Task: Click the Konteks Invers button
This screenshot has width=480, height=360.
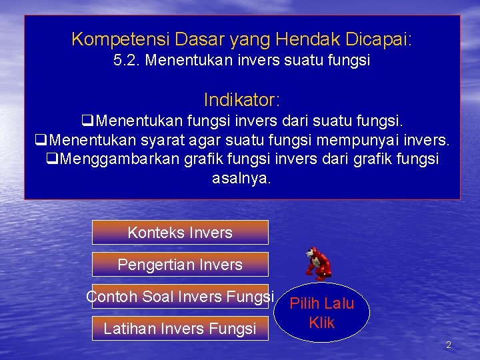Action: click(x=180, y=233)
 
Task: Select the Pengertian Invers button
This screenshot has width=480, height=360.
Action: click(x=180, y=265)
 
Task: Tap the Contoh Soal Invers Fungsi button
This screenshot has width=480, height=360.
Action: click(x=180, y=296)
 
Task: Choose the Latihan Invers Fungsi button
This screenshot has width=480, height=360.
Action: click(x=180, y=329)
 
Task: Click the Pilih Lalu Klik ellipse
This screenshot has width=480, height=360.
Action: click(x=322, y=313)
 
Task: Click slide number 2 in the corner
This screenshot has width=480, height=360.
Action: click(x=448, y=345)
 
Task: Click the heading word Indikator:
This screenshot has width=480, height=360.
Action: click(x=242, y=101)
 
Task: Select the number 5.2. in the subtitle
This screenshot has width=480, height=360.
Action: click(x=127, y=61)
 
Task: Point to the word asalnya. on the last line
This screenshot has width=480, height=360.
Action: click(x=241, y=179)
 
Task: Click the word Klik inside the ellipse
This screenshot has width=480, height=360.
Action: click(x=322, y=323)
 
